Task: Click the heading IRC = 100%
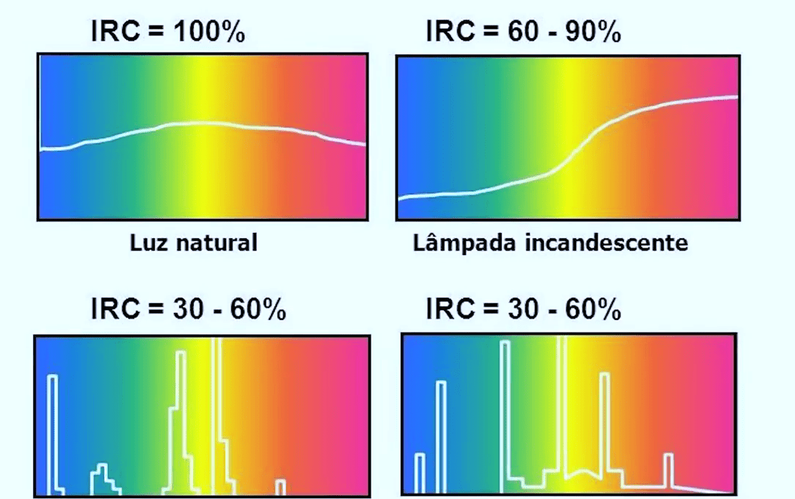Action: [x=168, y=32]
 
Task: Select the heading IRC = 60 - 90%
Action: [x=523, y=32]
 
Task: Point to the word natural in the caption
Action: [x=217, y=242]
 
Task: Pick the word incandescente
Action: [x=606, y=242]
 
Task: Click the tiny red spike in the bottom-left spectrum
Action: [x=280, y=486]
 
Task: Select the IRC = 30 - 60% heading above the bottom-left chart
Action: [x=188, y=310]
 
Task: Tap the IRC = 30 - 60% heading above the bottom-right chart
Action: [x=523, y=310]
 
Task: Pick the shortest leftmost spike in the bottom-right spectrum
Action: [x=420, y=472]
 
